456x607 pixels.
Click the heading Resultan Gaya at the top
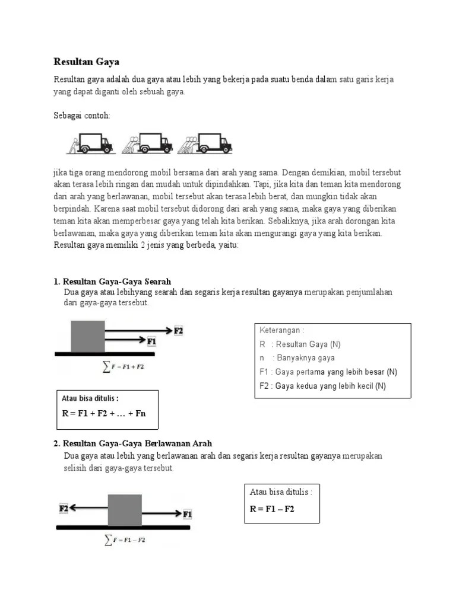(87, 62)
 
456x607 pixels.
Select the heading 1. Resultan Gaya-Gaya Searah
(112, 282)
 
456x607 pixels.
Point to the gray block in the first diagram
(88, 336)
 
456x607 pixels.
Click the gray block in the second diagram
(125, 510)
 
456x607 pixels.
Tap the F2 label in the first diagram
(178, 330)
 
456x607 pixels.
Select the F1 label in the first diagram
(151, 341)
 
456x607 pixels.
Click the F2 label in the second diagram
(64, 508)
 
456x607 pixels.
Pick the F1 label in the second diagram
(187, 513)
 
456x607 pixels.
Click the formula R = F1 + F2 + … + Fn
(104, 414)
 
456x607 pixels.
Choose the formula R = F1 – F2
(273, 509)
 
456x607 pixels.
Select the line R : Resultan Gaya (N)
(300, 344)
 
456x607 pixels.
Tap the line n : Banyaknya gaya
(297, 358)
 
